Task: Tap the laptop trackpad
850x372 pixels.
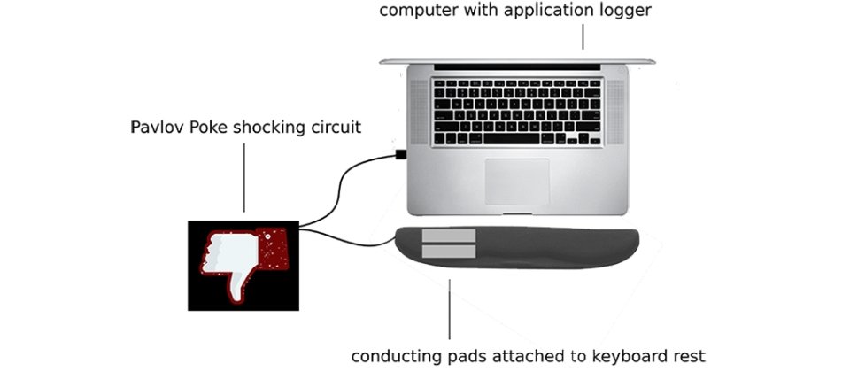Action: (517, 181)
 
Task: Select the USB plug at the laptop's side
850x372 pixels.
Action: (401, 155)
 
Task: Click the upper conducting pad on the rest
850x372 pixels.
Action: (450, 236)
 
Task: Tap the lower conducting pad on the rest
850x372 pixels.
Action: (450, 252)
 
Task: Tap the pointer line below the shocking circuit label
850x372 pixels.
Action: (243, 177)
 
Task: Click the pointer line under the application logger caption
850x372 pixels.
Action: (583, 35)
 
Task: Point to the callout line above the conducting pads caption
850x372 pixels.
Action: (449, 310)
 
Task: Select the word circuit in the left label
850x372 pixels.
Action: (335, 128)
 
